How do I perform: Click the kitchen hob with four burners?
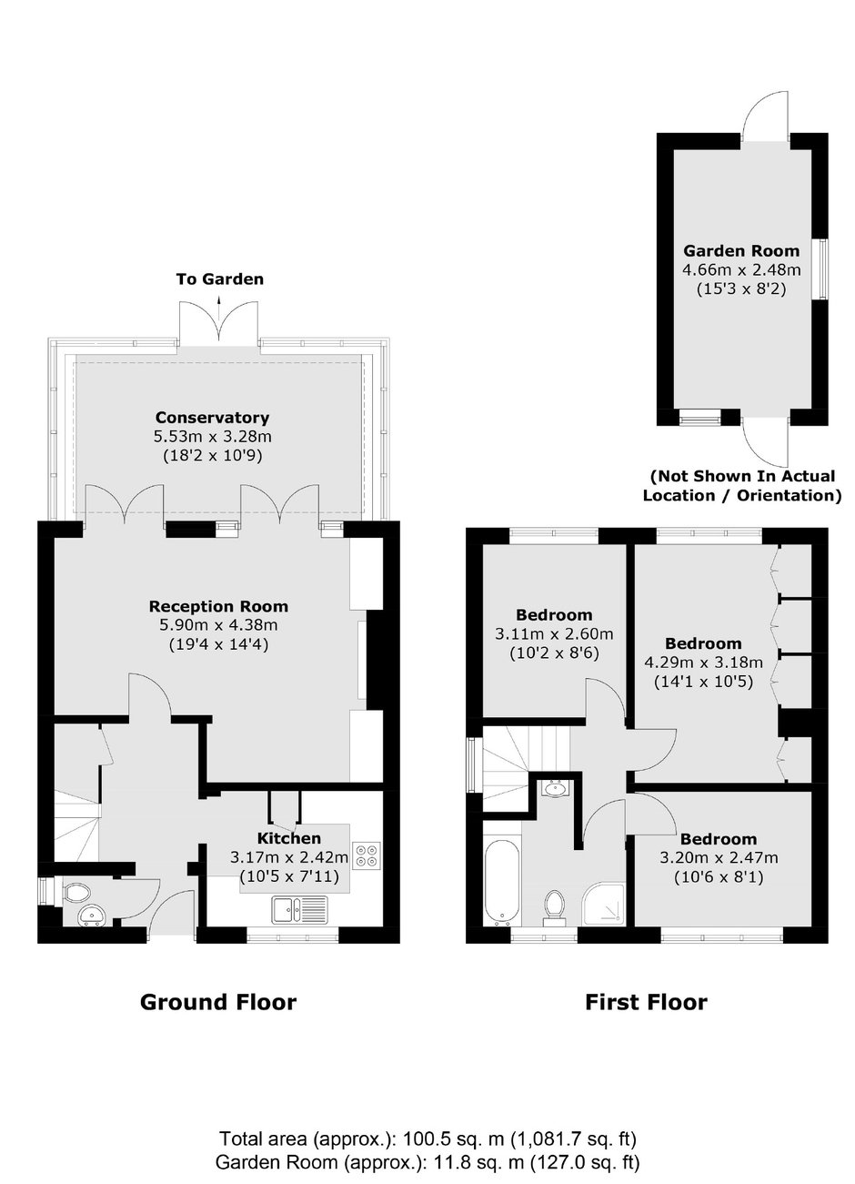pos(367,856)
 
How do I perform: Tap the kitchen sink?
pos(299,910)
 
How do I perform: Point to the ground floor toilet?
pos(75,894)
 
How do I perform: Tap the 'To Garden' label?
pos(220,278)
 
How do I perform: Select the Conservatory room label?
pos(213,418)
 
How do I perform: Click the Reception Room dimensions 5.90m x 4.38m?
pos(218,625)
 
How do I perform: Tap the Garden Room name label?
pos(741,250)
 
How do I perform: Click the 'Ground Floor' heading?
pos(218,1002)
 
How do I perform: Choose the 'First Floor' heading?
pos(647,1002)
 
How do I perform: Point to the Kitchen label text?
pos(289,838)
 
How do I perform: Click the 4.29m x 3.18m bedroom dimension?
pos(703,663)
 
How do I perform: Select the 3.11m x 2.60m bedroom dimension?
pos(554,633)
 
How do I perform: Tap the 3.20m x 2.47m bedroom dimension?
pos(719,857)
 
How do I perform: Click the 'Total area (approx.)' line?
pos(427,1137)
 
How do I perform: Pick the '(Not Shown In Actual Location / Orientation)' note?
pos(742,486)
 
